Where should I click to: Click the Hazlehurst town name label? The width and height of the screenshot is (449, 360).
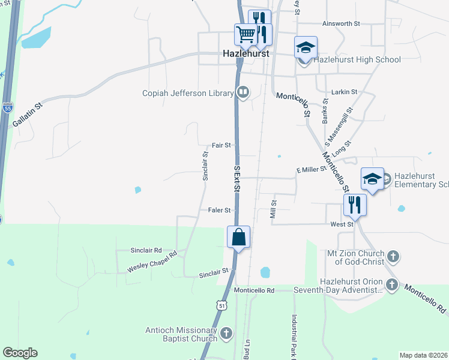tap(245, 53)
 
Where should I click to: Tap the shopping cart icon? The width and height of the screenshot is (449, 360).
tap(246, 35)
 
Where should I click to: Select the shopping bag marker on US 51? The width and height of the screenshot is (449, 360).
tap(238, 237)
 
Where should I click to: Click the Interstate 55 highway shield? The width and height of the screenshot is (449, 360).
tap(7, 109)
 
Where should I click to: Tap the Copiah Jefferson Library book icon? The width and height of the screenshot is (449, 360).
tap(243, 92)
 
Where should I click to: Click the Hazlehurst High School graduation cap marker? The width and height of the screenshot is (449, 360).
tap(306, 47)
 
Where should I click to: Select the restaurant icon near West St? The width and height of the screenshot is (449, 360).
tap(355, 205)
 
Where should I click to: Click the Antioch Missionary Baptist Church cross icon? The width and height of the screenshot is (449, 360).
tap(226, 333)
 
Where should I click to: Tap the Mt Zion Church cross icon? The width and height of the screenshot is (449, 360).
tap(393, 256)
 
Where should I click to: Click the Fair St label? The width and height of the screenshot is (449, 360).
tap(221, 145)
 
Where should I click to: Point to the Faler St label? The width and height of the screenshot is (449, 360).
tap(220, 210)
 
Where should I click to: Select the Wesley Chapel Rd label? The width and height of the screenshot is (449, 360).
tap(152, 262)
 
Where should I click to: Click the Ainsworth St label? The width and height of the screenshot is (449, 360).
tap(341, 24)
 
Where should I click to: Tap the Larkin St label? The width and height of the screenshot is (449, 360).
tap(345, 92)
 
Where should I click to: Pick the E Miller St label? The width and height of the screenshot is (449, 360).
tap(311, 170)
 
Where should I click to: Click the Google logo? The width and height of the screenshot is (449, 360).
tap(20, 353)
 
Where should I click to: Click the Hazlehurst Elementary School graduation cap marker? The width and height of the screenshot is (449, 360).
tap(372, 179)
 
